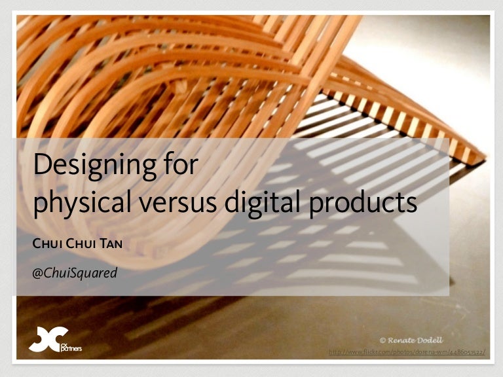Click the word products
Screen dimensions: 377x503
tap(360, 203)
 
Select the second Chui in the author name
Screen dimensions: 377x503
tap(82, 245)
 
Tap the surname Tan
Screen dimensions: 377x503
tap(110, 245)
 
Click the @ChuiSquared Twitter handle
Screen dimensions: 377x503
tap(75, 272)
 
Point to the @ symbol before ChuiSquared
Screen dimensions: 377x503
tap(37, 272)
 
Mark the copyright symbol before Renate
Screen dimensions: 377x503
tap(382, 340)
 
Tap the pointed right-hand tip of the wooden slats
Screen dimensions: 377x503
tap(485, 157)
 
